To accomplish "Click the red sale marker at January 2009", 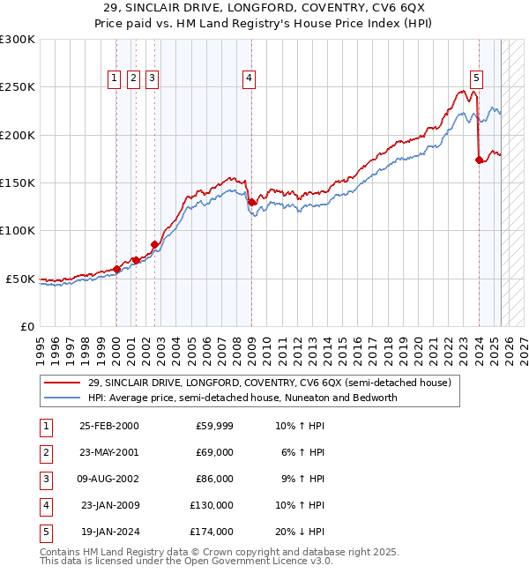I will point(252,202).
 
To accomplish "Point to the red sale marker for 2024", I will point(479,160).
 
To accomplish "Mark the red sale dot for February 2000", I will point(116,269).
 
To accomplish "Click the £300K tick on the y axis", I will point(17,40).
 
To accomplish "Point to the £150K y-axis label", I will point(17,182).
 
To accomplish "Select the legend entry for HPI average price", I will point(242,398).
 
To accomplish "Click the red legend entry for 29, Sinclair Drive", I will point(269,383).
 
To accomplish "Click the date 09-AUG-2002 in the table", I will point(108,479).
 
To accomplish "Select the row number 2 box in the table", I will point(45,452).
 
